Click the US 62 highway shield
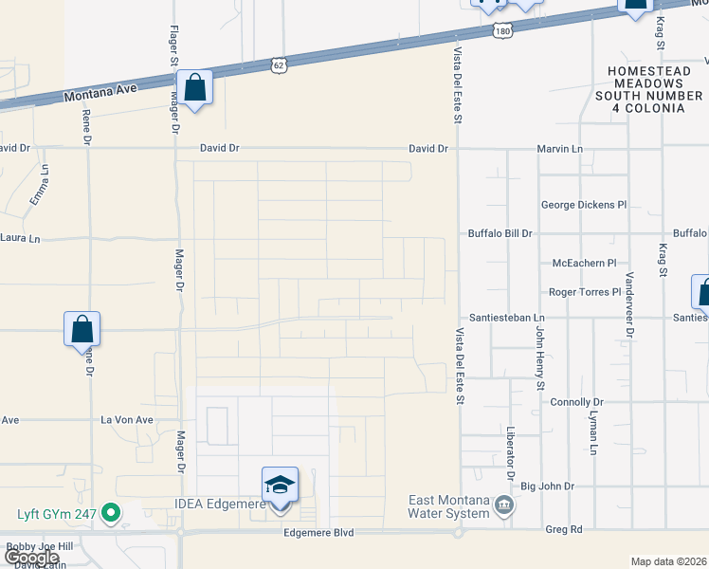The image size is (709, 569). (x=278, y=64)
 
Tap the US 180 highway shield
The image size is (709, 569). (x=502, y=31)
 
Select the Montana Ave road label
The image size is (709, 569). (x=101, y=92)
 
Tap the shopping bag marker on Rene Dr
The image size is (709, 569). (x=82, y=330)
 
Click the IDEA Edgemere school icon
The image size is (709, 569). (x=280, y=486)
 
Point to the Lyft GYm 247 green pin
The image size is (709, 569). (x=111, y=513)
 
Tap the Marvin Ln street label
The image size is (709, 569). (x=559, y=149)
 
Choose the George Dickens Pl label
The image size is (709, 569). (x=584, y=204)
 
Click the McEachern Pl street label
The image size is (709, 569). (x=585, y=263)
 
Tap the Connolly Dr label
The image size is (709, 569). (x=576, y=403)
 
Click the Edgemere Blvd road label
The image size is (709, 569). (x=318, y=533)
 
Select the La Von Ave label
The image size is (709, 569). (x=127, y=419)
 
